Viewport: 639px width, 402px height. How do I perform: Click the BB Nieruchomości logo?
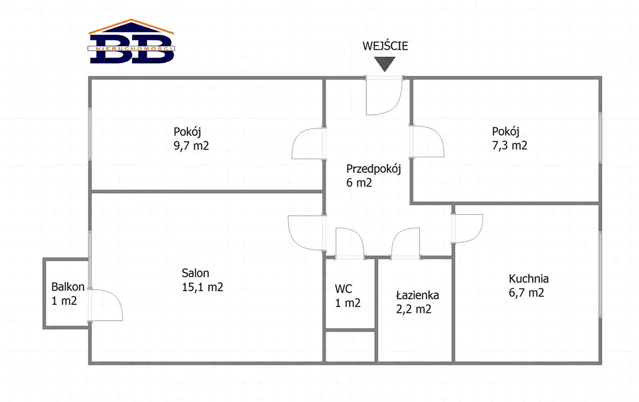click(x=132, y=42)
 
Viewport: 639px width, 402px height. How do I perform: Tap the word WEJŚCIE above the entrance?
click(x=385, y=46)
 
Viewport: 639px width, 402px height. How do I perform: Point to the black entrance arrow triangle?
click(x=385, y=63)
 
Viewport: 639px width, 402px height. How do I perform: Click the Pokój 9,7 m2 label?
click(x=191, y=139)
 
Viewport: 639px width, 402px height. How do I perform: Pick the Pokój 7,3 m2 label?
click(x=509, y=139)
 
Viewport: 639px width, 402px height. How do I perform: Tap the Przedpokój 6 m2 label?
click(x=373, y=176)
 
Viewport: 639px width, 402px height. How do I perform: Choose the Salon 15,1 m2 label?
click(x=202, y=280)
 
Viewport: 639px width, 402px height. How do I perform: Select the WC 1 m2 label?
click(x=347, y=296)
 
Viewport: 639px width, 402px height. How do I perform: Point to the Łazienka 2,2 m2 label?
click(x=414, y=302)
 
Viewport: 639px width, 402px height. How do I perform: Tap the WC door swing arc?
click(x=349, y=243)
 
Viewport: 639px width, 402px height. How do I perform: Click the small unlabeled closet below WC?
click(x=350, y=347)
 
